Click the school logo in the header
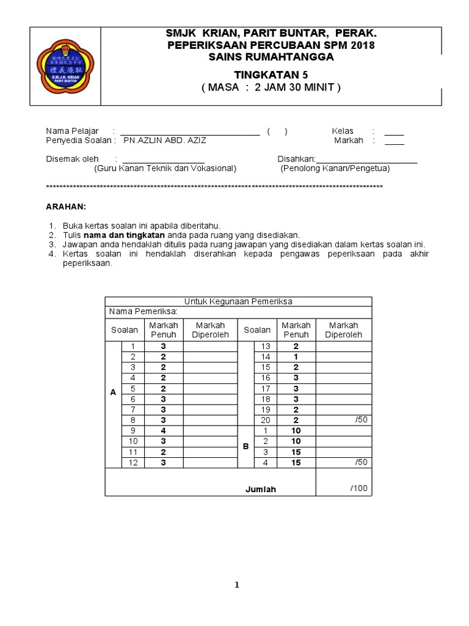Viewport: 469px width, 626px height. click(x=65, y=66)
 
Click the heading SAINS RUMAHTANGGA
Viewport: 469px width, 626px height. click(x=272, y=57)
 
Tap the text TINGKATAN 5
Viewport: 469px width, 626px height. click(x=272, y=74)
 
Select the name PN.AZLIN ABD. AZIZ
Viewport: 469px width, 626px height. click(x=165, y=140)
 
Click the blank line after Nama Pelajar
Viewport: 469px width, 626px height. click(x=190, y=131)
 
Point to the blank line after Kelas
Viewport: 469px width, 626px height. click(x=394, y=131)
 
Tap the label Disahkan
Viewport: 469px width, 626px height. click(x=296, y=159)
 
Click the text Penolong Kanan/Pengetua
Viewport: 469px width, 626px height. click(x=335, y=169)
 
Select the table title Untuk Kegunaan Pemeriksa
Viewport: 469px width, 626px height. click(x=238, y=301)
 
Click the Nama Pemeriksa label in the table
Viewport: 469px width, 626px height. click(x=143, y=312)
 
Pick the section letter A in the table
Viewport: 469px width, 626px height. click(x=113, y=393)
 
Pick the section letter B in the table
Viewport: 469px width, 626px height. click(x=245, y=447)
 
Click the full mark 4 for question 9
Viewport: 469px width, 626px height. click(x=163, y=430)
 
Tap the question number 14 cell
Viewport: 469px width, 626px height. click(x=266, y=356)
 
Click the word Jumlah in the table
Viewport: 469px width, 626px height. click(x=261, y=489)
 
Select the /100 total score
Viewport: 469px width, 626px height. click(x=359, y=488)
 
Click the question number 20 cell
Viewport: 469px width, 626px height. click(x=266, y=420)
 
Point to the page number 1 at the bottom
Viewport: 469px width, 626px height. click(x=237, y=585)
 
